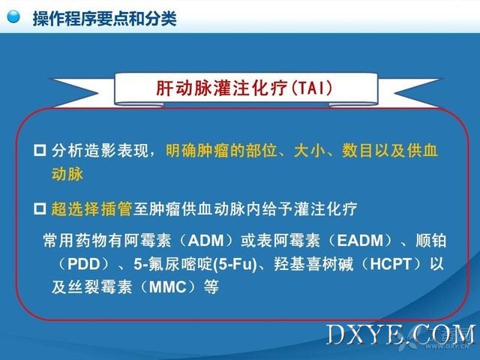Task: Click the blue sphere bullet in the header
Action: click(13, 16)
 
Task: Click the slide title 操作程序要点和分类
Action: click(105, 19)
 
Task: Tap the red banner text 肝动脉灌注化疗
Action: click(222, 88)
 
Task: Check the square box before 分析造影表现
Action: click(40, 151)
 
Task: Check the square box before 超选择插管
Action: click(40, 209)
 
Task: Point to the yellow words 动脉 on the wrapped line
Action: click(67, 174)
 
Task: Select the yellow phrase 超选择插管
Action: click(91, 209)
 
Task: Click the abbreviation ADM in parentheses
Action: click(206, 241)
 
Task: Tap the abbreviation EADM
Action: click(360, 241)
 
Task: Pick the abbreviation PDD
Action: click(83, 264)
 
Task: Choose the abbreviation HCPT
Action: click(391, 264)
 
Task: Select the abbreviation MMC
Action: click(168, 287)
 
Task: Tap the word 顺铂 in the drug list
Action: click(431, 241)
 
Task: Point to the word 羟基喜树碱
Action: click(313, 264)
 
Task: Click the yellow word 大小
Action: click(310, 151)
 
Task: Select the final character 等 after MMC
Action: click(211, 287)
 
